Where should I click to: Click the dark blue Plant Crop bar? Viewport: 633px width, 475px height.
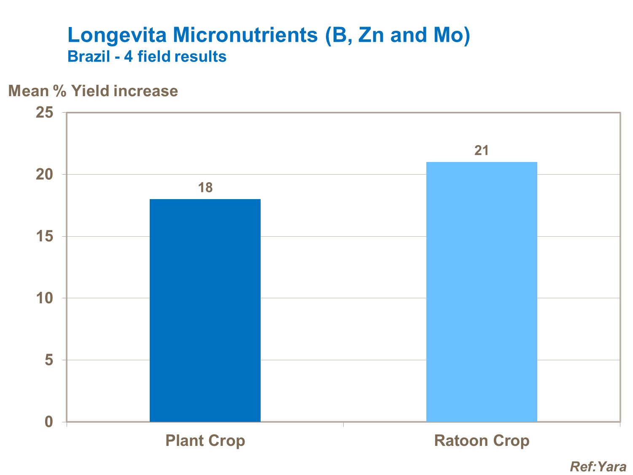(205, 310)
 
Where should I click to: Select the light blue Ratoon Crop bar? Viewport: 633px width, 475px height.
(482, 291)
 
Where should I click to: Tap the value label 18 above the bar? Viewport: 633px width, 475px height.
(205, 188)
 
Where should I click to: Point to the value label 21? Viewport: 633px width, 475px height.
(482, 151)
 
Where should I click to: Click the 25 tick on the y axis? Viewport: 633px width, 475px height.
(44, 113)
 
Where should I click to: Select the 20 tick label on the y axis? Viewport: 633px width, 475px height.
(44, 174)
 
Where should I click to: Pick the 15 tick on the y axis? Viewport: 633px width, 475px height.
(44, 236)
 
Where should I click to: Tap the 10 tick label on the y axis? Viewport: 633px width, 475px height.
(44, 298)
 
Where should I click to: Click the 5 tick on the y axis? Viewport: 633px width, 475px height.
(49, 360)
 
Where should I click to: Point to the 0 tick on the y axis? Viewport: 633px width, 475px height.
(49, 421)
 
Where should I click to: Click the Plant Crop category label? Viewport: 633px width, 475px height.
(205, 441)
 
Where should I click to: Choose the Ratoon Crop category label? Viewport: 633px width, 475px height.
(482, 441)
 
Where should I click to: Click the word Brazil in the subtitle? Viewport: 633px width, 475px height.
(89, 57)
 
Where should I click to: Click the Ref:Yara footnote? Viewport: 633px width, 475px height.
(598, 466)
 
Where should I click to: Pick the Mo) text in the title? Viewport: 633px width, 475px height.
(452, 35)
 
